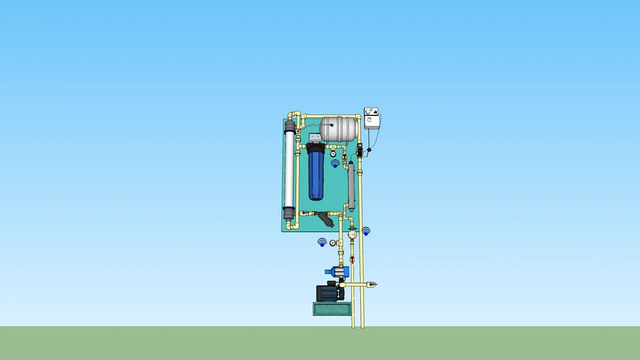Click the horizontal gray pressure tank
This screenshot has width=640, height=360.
[x=339, y=128]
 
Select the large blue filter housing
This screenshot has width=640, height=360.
[x=316, y=176]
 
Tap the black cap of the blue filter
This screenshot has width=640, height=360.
[x=316, y=150]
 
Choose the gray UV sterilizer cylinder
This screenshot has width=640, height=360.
[x=351, y=187]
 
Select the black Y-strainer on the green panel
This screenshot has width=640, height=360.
[x=326, y=219]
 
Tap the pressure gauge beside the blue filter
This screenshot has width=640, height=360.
[x=333, y=153]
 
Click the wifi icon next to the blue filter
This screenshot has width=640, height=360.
[x=335, y=163]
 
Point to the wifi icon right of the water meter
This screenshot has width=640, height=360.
[x=366, y=231]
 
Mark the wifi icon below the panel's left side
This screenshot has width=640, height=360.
[x=322, y=242]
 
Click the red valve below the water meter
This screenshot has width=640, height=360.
[x=352, y=259]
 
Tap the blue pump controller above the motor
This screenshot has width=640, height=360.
[x=336, y=271]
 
